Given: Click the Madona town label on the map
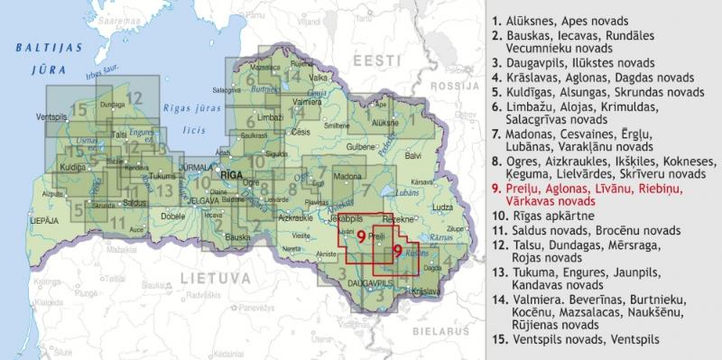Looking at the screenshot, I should pyautogui.click(x=347, y=175).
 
